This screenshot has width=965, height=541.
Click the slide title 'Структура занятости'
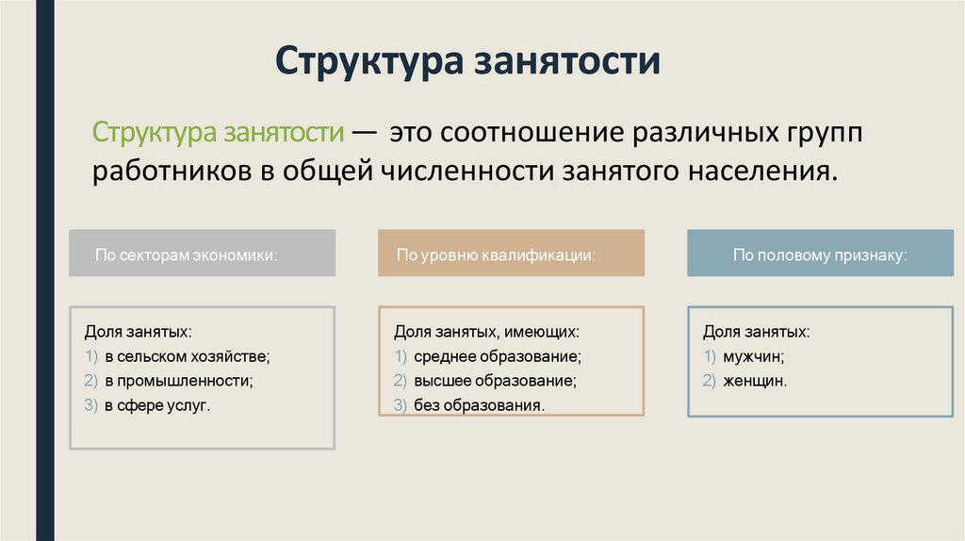point(467,62)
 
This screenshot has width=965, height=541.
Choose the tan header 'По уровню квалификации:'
point(496,254)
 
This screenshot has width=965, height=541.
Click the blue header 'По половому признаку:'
point(820,254)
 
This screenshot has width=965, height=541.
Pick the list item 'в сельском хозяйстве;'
point(187,357)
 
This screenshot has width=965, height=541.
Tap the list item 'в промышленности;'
point(178,382)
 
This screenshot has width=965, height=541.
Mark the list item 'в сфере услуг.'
point(157,406)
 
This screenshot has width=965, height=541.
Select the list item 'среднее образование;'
point(497,357)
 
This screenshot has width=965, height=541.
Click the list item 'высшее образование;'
point(494,382)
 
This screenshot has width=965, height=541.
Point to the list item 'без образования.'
point(479,406)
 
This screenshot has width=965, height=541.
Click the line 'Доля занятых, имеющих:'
point(486,333)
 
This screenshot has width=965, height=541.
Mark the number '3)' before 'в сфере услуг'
point(91,406)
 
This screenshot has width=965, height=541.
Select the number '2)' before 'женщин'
point(710,382)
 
